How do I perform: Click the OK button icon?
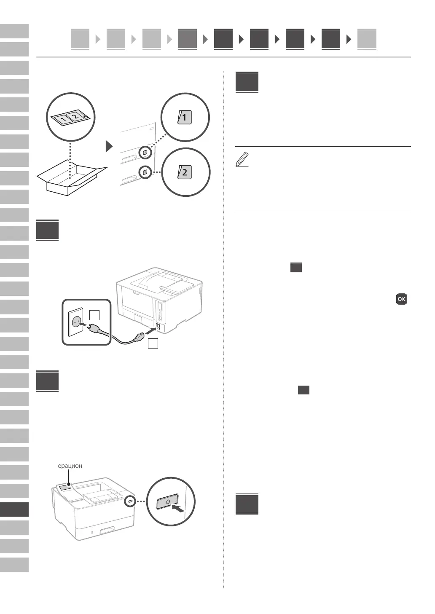pos(401,299)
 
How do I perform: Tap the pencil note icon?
pos(242,160)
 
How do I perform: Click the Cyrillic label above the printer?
pos(70,466)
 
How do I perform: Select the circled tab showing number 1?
pos(185,117)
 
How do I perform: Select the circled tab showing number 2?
pos(185,172)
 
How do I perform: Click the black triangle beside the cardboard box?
pos(109,146)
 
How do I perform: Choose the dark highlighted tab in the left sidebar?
pos(14,509)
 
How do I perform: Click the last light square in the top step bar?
pos(366,39)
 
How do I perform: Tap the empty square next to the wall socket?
pos(94,314)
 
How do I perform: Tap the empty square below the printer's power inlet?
pos(153,343)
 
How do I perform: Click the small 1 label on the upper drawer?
pos(145,152)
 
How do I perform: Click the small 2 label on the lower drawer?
pos(145,172)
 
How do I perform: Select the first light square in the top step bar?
pos(80,39)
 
